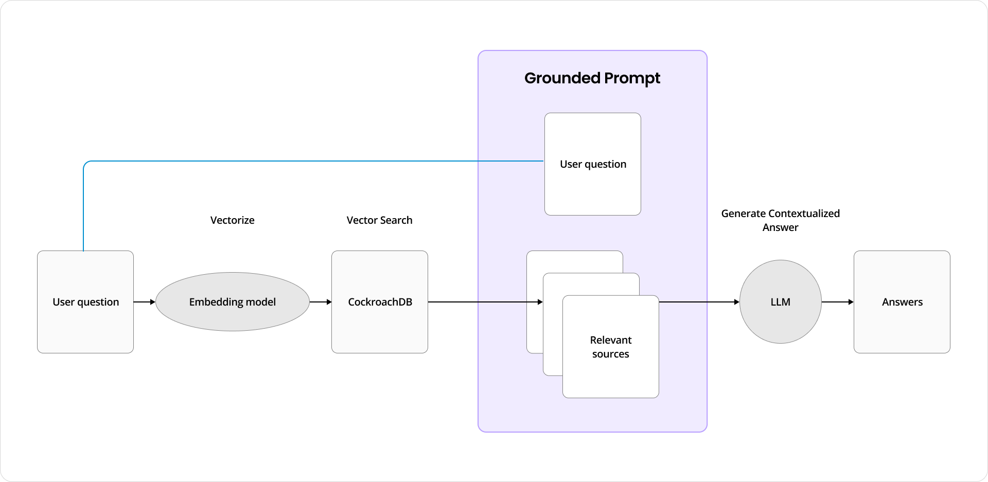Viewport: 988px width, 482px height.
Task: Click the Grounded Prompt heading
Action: pyautogui.click(x=592, y=78)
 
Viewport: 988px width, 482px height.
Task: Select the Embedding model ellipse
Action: pyautogui.click(x=232, y=302)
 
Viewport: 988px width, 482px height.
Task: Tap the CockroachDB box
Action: pyautogui.click(x=380, y=302)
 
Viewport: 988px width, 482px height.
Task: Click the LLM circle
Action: pyautogui.click(x=780, y=302)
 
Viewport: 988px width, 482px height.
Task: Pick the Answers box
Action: pyautogui.click(x=902, y=302)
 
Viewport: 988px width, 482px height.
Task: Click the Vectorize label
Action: pyautogui.click(x=232, y=220)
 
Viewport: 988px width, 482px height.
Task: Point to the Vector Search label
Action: pyautogui.click(x=379, y=220)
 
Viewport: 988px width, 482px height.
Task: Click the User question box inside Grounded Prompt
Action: pyautogui.click(x=593, y=164)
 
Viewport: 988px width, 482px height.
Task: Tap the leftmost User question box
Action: pyautogui.click(x=85, y=302)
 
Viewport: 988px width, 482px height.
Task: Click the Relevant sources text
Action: pyautogui.click(x=610, y=347)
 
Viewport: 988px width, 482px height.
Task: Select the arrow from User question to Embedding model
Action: pyautogui.click(x=144, y=302)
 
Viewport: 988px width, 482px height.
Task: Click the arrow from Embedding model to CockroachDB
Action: pyautogui.click(x=321, y=302)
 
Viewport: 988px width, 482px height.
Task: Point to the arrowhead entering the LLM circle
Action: pyautogui.click(x=736, y=302)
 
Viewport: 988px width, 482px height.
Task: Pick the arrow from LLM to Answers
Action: pyautogui.click(x=837, y=302)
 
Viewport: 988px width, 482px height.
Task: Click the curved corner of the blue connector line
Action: pyautogui.click(x=86, y=164)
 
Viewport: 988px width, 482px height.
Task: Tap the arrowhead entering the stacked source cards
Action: pyautogui.click(x=540, y=302)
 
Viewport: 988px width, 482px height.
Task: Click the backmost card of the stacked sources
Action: pyautogui.click(x=534, y=262)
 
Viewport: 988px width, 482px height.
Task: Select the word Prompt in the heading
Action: pyautogui.click(x=632, y=78)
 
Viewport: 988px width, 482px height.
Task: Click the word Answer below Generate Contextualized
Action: pyautogui.click(x=780, y=227)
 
